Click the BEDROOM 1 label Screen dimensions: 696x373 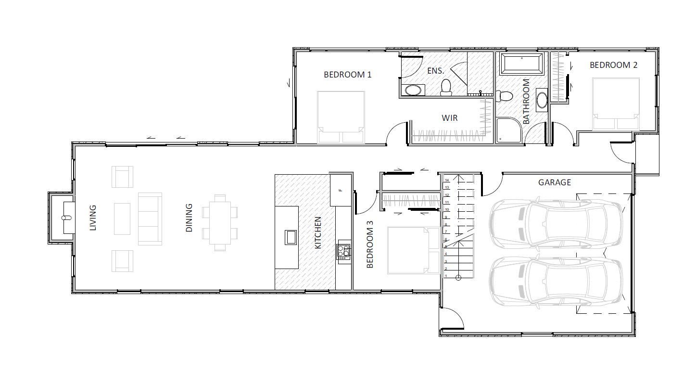click(347, 75)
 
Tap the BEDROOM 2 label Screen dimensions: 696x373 click(613, 65)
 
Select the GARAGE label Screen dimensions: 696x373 click(555, 182)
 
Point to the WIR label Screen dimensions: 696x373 click(450, 118)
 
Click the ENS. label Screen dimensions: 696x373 click(436, 71)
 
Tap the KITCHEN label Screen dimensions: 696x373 click(317, 232)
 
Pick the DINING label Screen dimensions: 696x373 click(189, 218)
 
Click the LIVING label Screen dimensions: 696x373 click(93, 218)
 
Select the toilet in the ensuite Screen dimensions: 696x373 click(446, 87)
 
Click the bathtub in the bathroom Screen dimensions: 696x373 click(522, 64)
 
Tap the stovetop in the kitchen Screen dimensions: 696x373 click(343, 252)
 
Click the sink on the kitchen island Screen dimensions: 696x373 click(291, 237)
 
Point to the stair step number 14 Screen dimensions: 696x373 click(447, 180)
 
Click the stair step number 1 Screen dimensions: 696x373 click(446, 276)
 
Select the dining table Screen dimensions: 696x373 click(220, 223)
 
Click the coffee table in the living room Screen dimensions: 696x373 click(122, 219)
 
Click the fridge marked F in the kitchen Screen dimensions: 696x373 click(341, 190)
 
